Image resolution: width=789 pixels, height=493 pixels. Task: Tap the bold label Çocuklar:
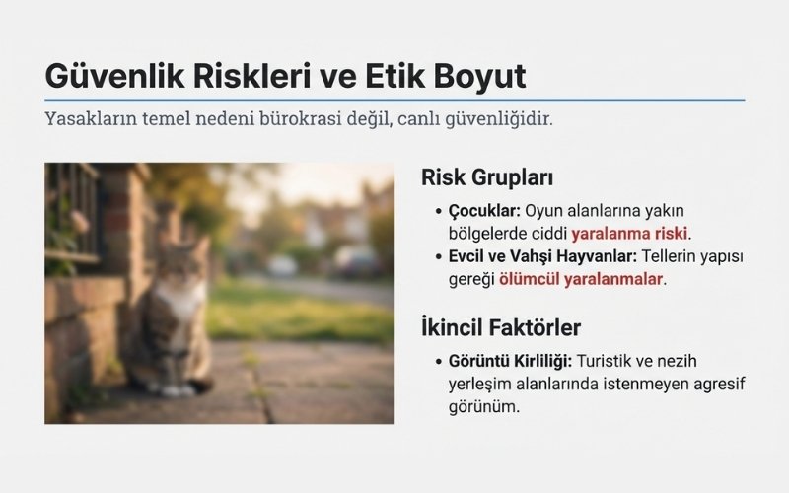(x=484, y=211)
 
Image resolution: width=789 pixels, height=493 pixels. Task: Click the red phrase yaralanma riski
(x=630, y=234)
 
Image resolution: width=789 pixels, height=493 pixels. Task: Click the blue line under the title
(x=394, y=100)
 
